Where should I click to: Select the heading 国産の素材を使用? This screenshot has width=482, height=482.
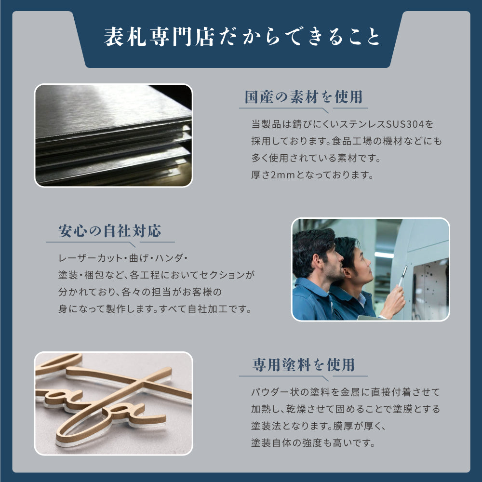tap(303, 97)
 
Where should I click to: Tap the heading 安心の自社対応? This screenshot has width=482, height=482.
tap(109, 231)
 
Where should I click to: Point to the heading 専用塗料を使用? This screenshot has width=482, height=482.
tap(303, 365)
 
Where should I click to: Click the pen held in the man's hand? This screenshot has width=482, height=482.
tap(402, 276)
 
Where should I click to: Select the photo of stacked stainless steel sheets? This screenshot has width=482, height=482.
tap(114, 135)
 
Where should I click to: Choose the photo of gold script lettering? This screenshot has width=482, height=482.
tap(114, 403)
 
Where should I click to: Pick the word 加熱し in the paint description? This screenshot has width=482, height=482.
tap(265, 409)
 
